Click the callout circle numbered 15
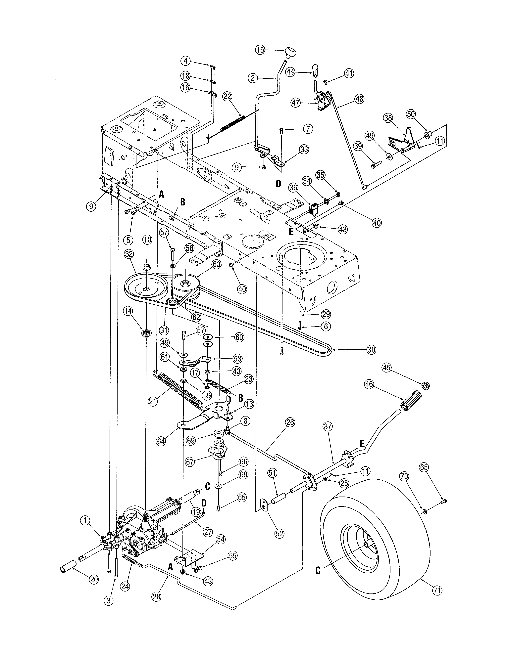point(260,49)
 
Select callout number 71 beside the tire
point(437,591)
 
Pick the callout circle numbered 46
point(369,384)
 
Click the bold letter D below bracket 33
point(278,184)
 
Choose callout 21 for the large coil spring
point(153,402)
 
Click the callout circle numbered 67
point(190,462)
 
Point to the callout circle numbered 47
point(296,103)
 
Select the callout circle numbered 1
point(85,520)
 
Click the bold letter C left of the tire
point(318,570)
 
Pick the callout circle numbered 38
point(388,118)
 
